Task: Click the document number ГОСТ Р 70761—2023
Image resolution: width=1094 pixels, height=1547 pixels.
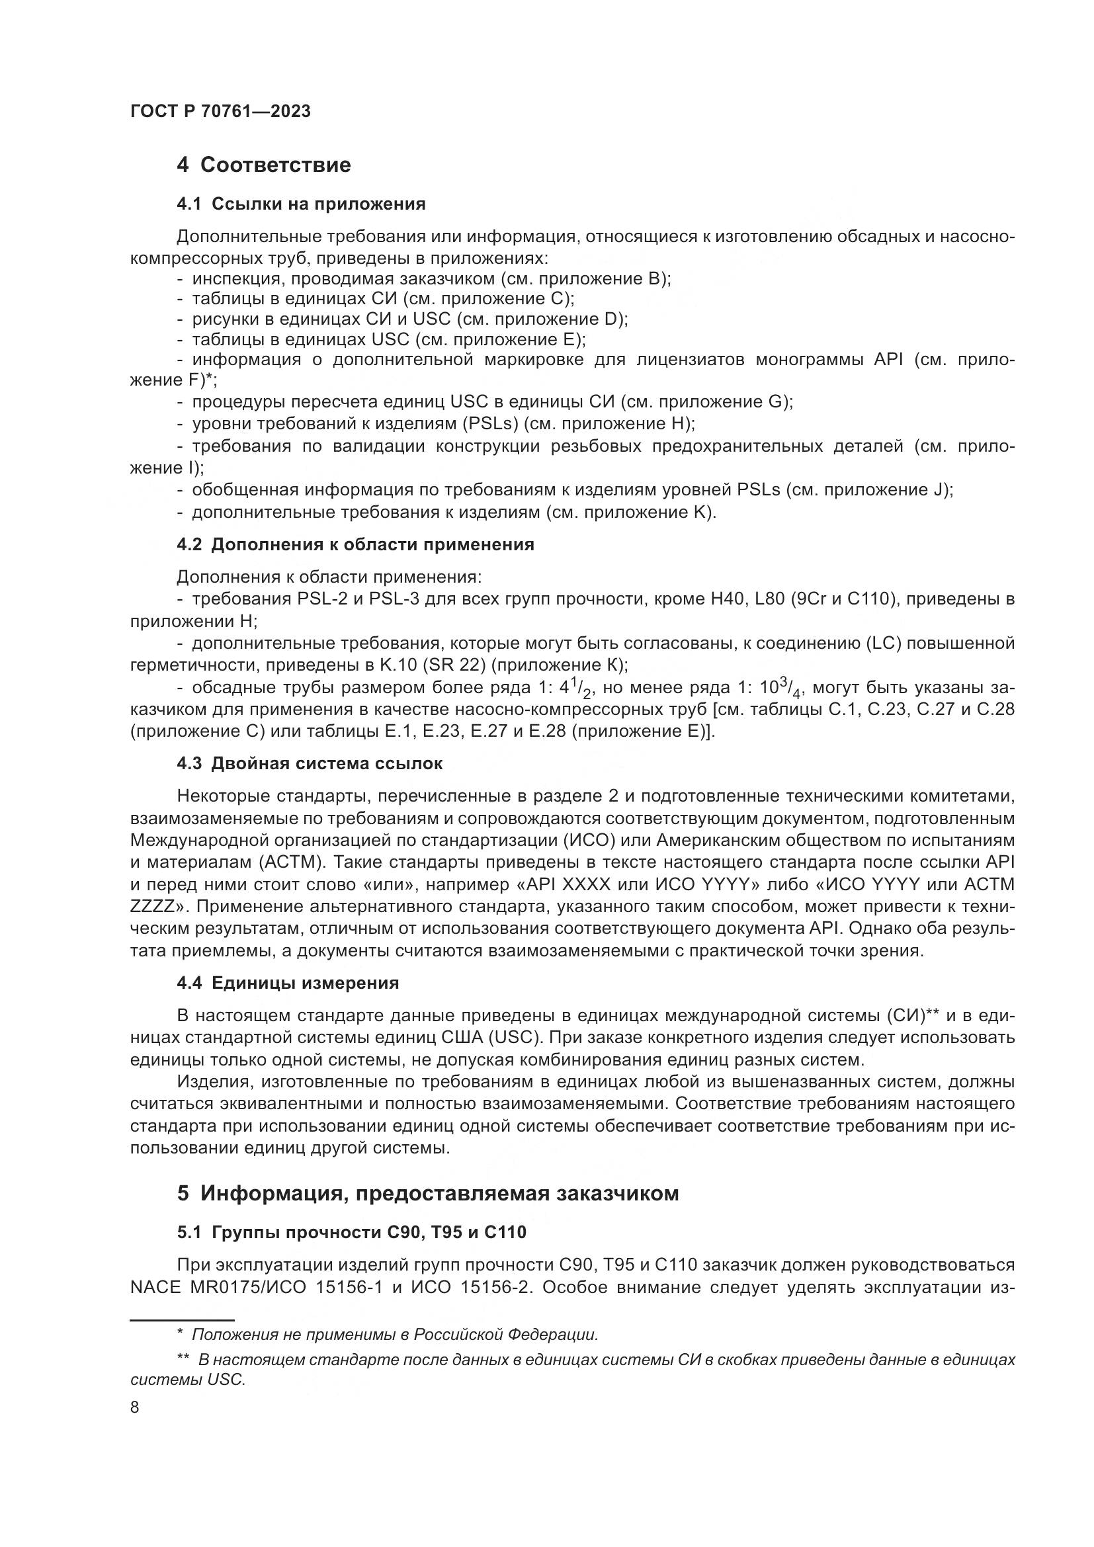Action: pos(220,112)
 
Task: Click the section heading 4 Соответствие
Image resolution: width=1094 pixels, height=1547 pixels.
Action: pos(263,165)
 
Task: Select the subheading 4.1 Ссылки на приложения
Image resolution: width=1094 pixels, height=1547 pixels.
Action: pos(300,204)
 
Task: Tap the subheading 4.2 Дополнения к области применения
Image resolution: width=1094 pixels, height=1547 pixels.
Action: pos(355,544)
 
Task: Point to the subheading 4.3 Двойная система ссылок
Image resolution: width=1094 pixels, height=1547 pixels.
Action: pos(309,763)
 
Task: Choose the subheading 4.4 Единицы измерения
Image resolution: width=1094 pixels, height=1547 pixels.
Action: pos(288,983)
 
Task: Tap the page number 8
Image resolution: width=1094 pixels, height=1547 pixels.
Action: pos(135,1407)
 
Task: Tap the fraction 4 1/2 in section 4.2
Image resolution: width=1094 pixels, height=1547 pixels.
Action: pos(578,688)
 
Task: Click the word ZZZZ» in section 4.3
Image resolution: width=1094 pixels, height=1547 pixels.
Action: pos(157,906)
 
